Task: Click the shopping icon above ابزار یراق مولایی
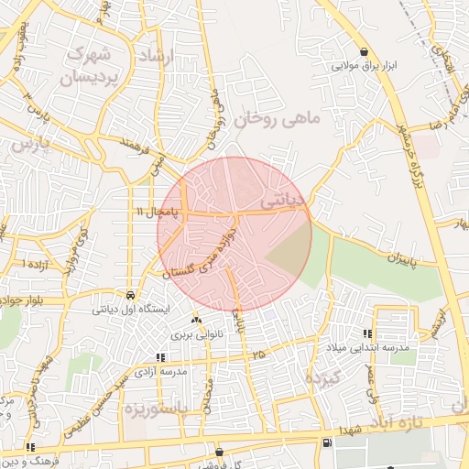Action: [365, 51]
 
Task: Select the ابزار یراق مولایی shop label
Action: [365, 66]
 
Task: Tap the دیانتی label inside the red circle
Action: [281, 197]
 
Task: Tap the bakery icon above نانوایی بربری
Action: [195, 321]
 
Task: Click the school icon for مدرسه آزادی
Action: [160, 357]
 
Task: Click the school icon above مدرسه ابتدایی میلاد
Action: [367, 334]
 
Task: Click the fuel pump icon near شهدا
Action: [327, 444]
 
